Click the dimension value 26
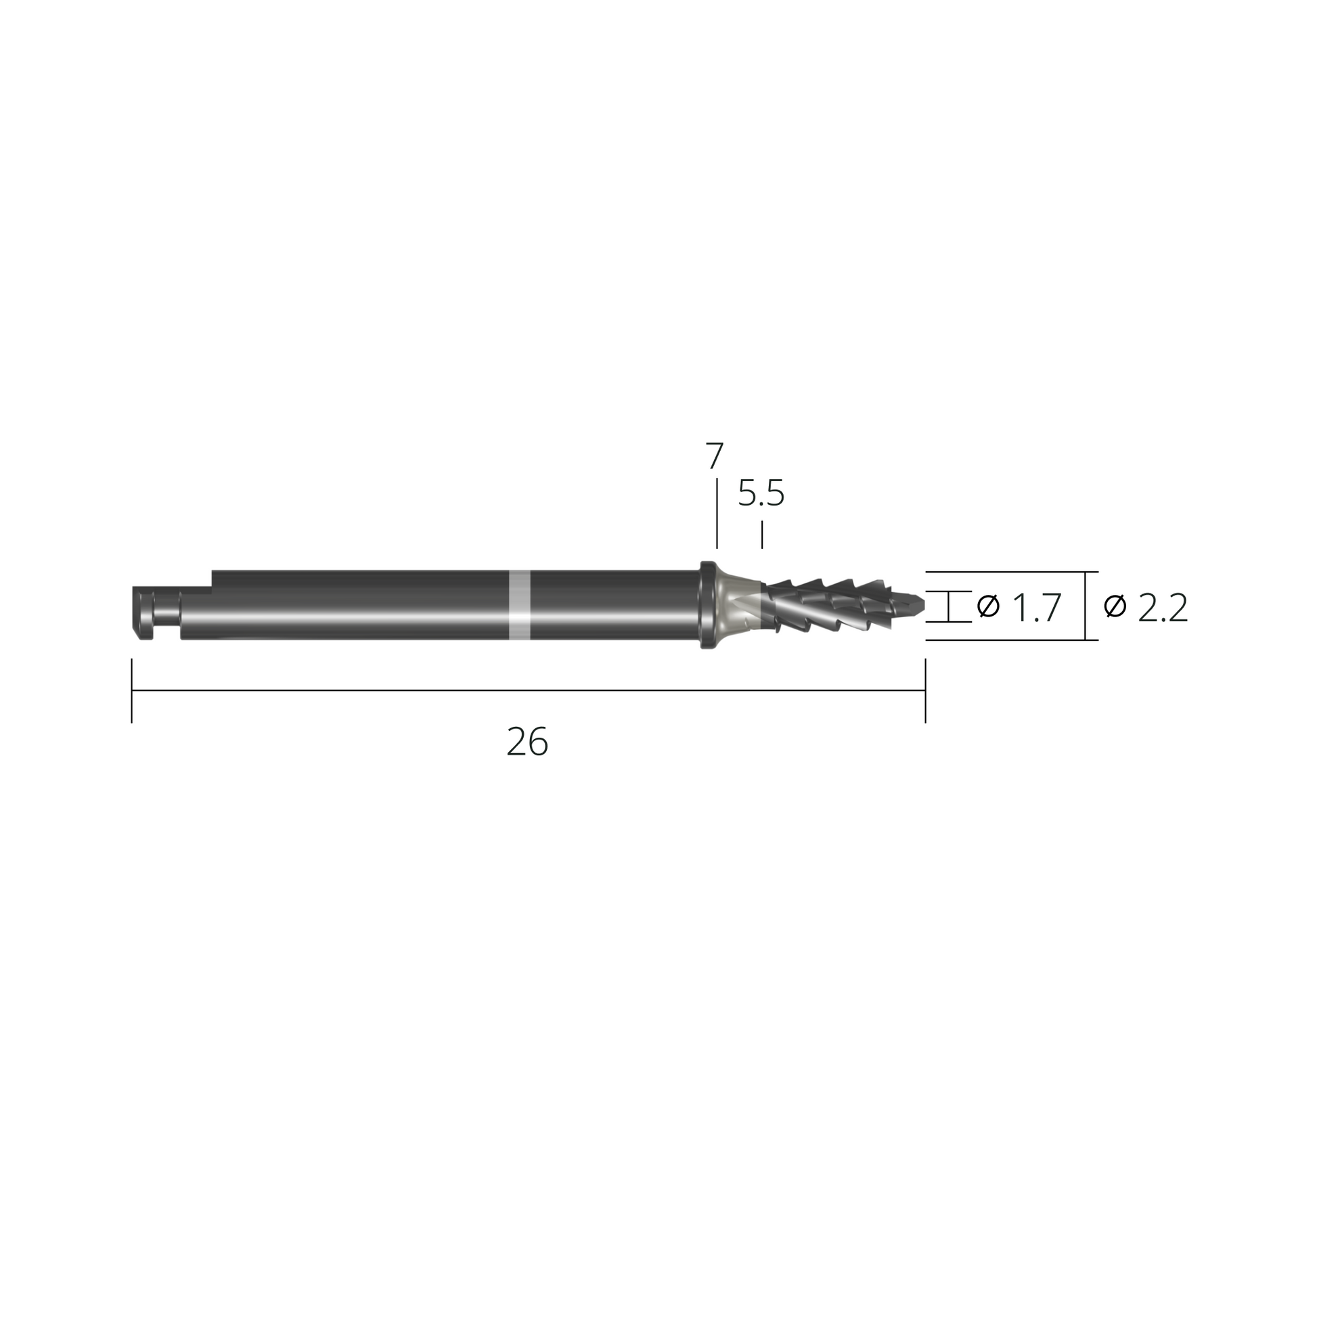pyautogui.click(x=527, y=742)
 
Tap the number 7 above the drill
pyautogui.click(x=714, y=456)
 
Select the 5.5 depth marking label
pyautogui.click(x=761, y=493)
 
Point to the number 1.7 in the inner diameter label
pyautogui.click(x=1037, y=608)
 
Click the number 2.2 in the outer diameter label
pyautogui.click(x=1163, y=608)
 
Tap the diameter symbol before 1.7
pyautogui.click(x=988, y=605)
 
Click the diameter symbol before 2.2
pyautogui.click(x=1115, y=605)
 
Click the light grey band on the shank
pyautogui.click(x=520, y=604)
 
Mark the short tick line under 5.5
pyautogui.click(x=761, y=535)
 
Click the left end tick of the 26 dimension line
pyautogui.click(x=131, y=690)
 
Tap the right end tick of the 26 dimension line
pyautogui.click(x=925, y=690)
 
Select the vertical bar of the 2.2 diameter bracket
pyautogui.click(x=1085, y=605)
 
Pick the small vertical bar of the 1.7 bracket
pyautogui.click(x=948, y=606)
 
